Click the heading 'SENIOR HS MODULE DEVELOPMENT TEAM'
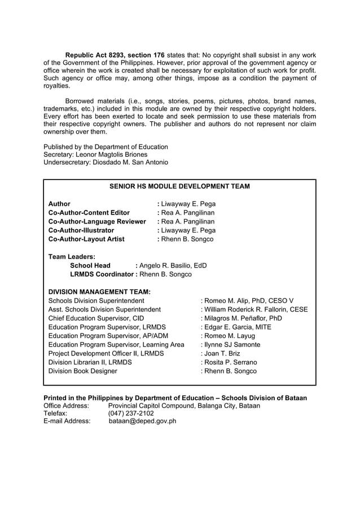point(179,186)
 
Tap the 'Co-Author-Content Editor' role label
point(89,213)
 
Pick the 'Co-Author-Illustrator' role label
point(81,230)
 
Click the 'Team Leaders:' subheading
point(72,257)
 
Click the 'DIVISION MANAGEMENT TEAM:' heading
point(100,292)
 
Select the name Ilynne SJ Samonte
point(232,344)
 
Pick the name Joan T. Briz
point(222,353)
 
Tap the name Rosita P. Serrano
point(231,362)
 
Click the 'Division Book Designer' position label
point(83,371)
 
